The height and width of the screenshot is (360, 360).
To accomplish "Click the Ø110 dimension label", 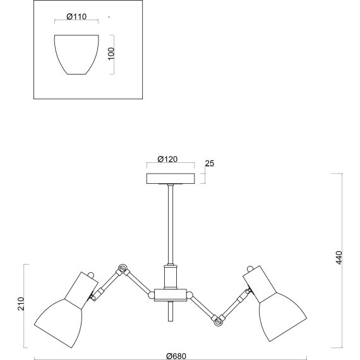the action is click(x=76, y=16).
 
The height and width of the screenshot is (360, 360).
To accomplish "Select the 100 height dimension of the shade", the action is click(x=111, y=53).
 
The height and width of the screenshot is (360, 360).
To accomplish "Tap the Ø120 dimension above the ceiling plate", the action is click(x=167, y=159).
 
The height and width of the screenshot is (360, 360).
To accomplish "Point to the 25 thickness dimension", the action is click(x=210, y=164).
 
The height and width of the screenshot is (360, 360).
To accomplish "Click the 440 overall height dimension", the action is click(x=339, y=258).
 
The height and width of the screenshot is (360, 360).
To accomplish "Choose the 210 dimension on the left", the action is click(x=21, y=304).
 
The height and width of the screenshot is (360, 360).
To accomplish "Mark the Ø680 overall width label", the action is click(x=176, y=356).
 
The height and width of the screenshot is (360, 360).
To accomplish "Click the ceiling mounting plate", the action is click(x=171, y=179).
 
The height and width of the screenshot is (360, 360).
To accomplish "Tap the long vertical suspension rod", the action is click(x=171, y=225).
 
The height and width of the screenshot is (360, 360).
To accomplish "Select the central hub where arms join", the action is click(x=171, y=295).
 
